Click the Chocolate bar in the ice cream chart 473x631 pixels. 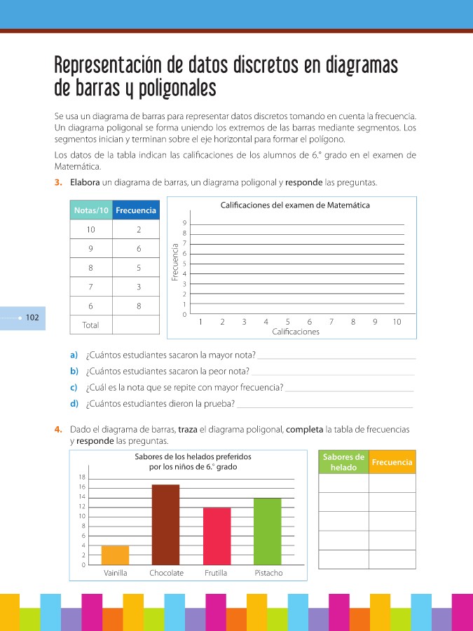[x=165, y=524]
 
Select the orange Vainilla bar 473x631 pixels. [x=115, y=555]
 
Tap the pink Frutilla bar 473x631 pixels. [x=217, y=536]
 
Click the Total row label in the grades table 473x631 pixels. [x=90, y=325]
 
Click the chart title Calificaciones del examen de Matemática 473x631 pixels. [x=295, y=205]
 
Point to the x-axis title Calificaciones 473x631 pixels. [x=296, y=332]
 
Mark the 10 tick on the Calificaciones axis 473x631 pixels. [x=397, y=322]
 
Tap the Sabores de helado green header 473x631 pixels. [x=343, y=462]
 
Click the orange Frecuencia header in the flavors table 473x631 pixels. [x=392, y=462]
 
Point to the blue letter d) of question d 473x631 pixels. [x=74, y=403]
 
